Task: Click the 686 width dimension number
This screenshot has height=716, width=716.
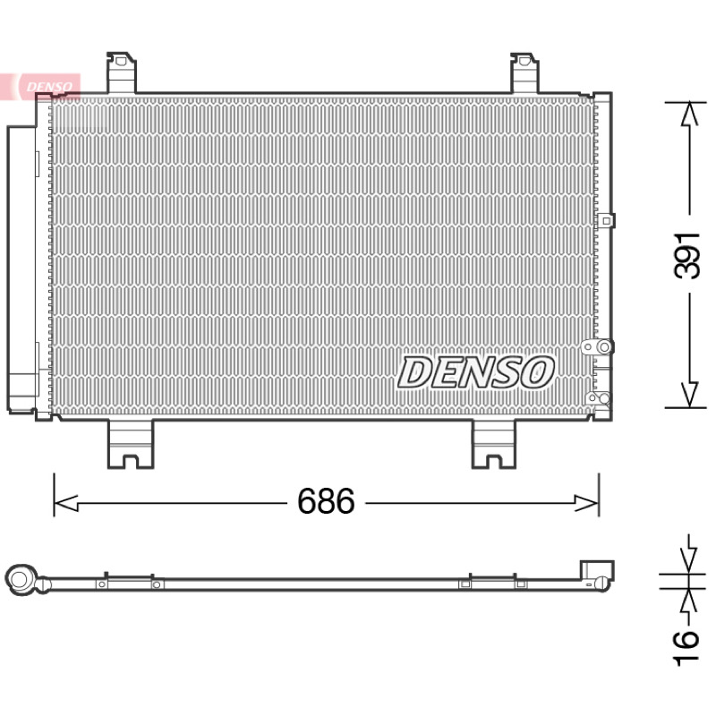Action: pos(326,501)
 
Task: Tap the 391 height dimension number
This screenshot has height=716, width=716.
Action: pos(686,256)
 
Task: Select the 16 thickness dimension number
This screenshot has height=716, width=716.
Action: pos(686,647)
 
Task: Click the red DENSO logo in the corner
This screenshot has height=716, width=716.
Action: pos(45,87)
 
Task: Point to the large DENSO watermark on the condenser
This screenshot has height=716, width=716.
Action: pos(476,372)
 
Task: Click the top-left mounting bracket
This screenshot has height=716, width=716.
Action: pos(121,72)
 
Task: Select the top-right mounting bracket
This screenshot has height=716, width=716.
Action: pos(524,72)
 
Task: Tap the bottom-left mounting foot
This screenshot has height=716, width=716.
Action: pos(131,444)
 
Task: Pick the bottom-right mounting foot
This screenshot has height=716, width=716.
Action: pos(494,444)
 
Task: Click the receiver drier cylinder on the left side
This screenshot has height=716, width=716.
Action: pos(21,268)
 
